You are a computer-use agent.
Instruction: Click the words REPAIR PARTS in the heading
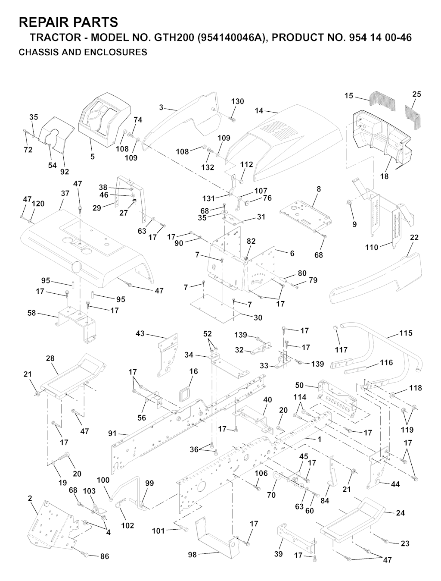68,22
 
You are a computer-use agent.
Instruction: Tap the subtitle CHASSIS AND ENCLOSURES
83,53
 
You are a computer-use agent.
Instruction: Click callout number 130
237,101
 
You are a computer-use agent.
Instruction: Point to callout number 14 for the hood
259,110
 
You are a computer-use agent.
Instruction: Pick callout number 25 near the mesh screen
416,94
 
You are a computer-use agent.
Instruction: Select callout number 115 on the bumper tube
406,333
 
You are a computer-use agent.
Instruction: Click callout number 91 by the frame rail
112,433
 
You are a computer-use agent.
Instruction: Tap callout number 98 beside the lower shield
192,555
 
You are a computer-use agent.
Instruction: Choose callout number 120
38,204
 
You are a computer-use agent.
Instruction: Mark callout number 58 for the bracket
31,313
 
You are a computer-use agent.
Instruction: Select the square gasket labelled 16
187,393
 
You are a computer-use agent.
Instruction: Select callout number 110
371,247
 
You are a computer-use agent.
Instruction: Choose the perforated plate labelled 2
52,522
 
